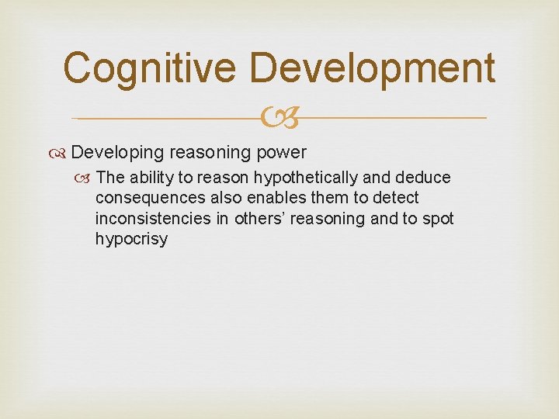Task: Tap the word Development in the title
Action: click(373, 68)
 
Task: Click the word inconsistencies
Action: click(153, 219)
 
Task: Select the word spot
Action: click(437, 219)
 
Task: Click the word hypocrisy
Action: click(131, 239)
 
